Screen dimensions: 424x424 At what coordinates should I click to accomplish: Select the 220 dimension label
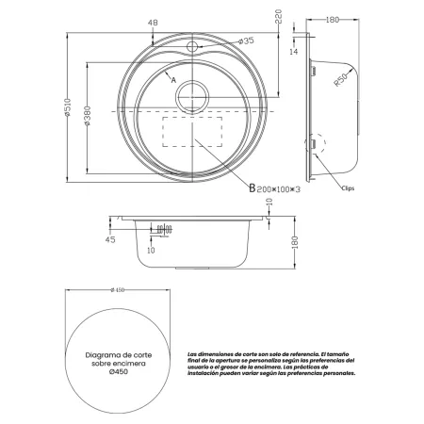279,17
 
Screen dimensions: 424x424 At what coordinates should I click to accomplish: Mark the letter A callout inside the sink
174,81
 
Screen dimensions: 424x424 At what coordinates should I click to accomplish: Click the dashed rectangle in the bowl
192,132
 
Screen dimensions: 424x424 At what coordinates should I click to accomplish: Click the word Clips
350,189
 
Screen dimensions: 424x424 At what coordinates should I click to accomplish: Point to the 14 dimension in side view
293,54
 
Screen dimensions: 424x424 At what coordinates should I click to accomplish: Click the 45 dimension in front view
111,239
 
